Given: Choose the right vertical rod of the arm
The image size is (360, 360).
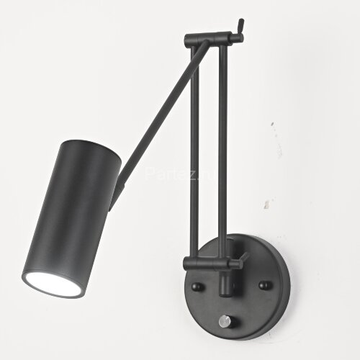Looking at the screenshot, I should [222, 151].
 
